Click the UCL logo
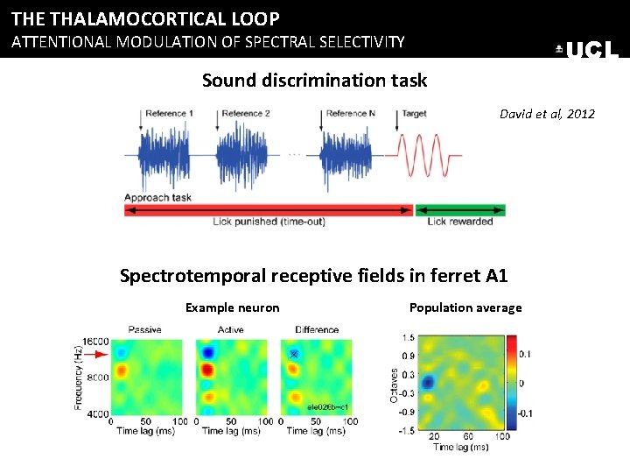[587, 50]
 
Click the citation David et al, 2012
[546, 114]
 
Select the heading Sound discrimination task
[314, 81]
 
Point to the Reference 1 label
[169, 114]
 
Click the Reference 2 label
[245, 114]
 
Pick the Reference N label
[351, 114]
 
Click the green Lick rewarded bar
[460, 210]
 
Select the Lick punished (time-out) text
[269, 222]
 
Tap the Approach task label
[158, 198]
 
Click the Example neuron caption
[232, 307]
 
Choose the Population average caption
[465, 307]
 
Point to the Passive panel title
[144, 329]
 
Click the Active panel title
[230, 329]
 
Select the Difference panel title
[316, 329]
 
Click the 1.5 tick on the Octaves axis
[407, 337]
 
